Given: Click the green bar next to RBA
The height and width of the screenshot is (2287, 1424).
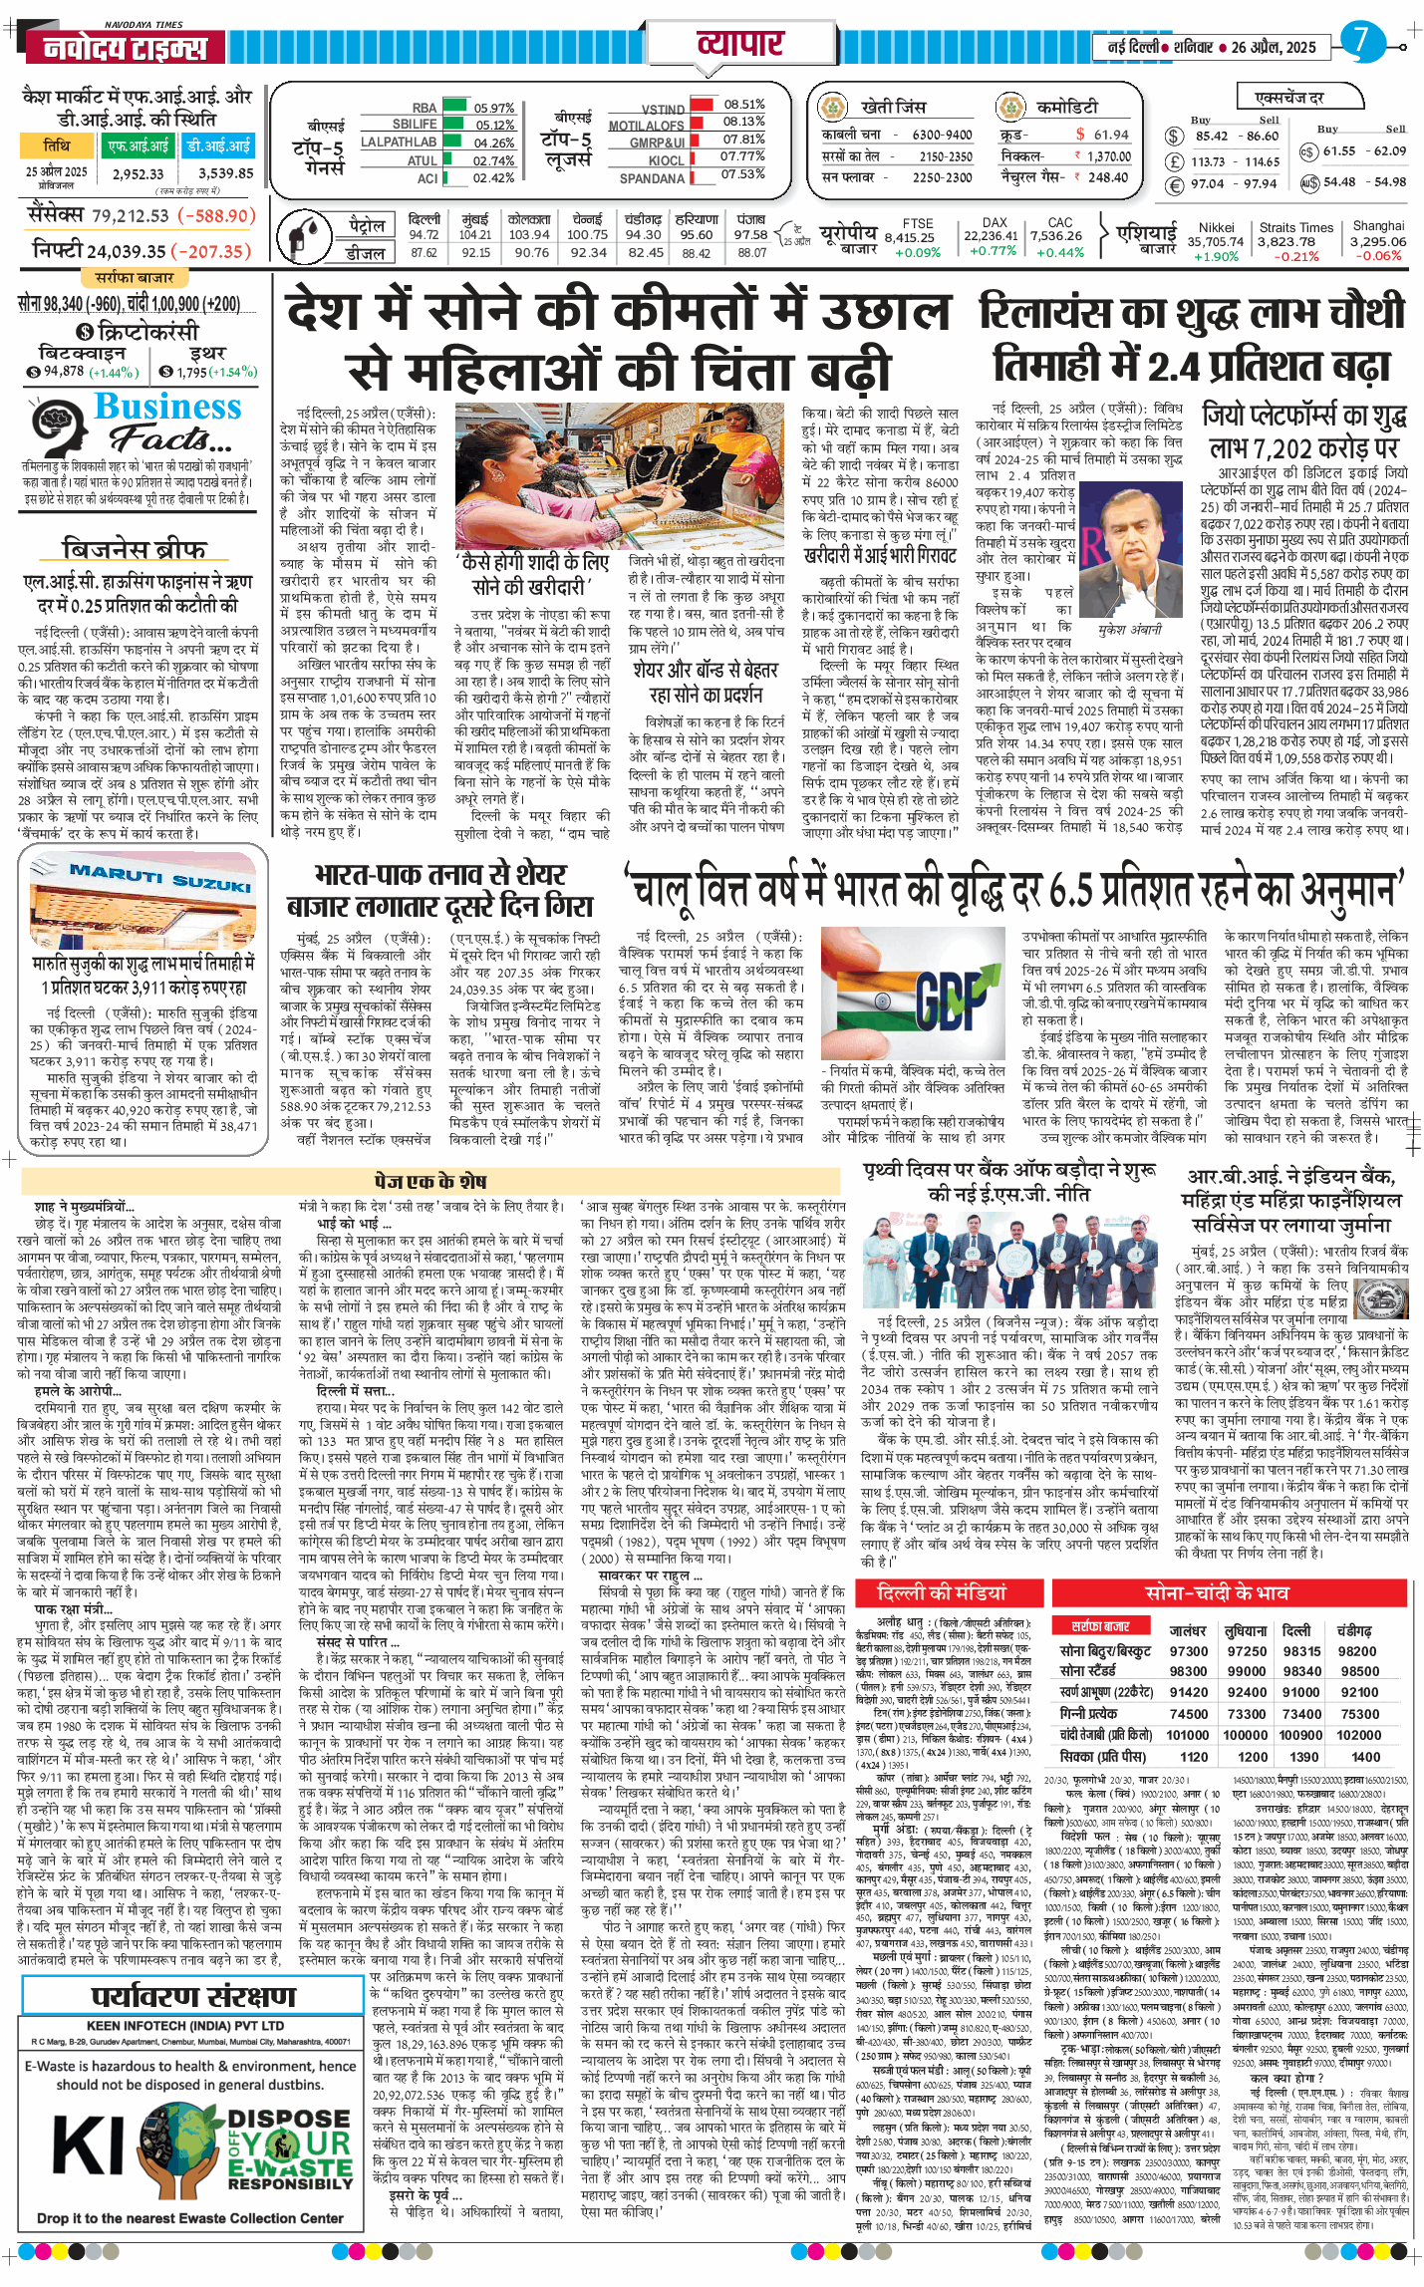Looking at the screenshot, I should tap(454, 107).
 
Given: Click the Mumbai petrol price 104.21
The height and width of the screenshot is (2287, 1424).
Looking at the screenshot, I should tap(475, 235).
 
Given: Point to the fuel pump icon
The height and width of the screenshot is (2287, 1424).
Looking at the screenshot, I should tap(299, 237).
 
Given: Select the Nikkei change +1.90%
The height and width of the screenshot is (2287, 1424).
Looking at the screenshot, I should tap(1215, 256).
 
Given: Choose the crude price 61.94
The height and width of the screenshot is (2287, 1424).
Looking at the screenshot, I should tap(1110, 135).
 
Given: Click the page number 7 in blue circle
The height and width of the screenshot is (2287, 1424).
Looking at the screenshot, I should tap(1361, 41).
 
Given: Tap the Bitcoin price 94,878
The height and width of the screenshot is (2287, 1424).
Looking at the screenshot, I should tap(64, 372).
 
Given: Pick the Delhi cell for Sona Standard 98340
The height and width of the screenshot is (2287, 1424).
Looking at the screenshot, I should tap(1301, 1671).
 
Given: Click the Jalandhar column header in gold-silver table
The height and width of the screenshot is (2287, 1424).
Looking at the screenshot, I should tap(1188, 1631).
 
